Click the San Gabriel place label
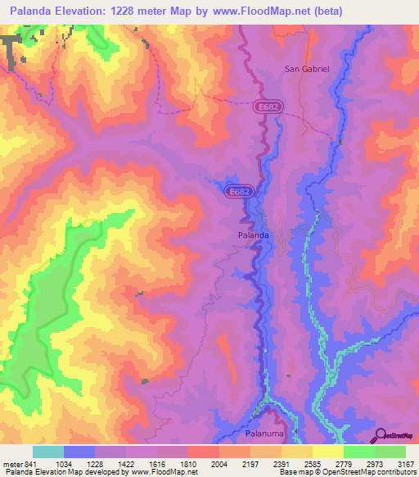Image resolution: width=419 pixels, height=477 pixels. pyautogui.click(x=306, y=70)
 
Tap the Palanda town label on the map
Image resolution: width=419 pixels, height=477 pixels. pyautogui.click(x=247, y=236)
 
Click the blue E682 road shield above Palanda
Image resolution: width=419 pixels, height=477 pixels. pyautogui.click(x=238, y=190)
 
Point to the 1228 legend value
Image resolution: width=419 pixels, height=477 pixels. pyautogui.click(x=95, y=465)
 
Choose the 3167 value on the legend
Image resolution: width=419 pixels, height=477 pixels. pyautogui.click(x=404, y=465)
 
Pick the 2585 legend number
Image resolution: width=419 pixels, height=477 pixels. pyautogui.click(x=313, y=465)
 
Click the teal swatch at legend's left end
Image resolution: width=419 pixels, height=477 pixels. pyautogui.click(x=48, y=452)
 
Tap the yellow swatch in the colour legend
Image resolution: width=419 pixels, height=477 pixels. pyautogui.click(x=327, y=452)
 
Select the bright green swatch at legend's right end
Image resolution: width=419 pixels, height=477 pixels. pyautogui.click(x=390, y=452)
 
